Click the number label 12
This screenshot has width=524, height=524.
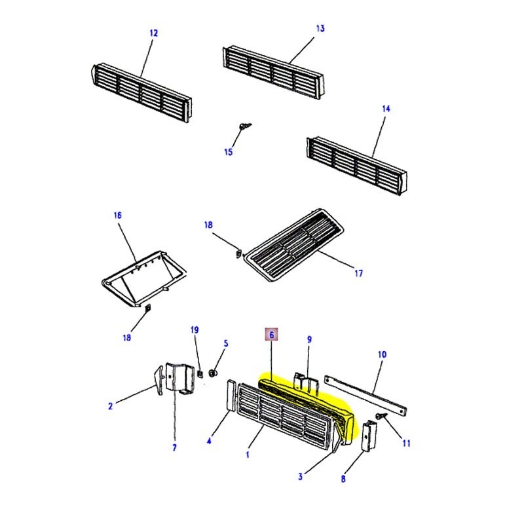point(154,33)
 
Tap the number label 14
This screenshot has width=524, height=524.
point(385,109)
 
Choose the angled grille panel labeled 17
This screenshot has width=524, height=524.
point(295,246)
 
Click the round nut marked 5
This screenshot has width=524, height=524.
point(213,373)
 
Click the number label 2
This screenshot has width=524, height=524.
point(110,406)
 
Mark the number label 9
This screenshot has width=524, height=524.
point(310,339)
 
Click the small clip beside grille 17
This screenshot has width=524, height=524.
point(238,250)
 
